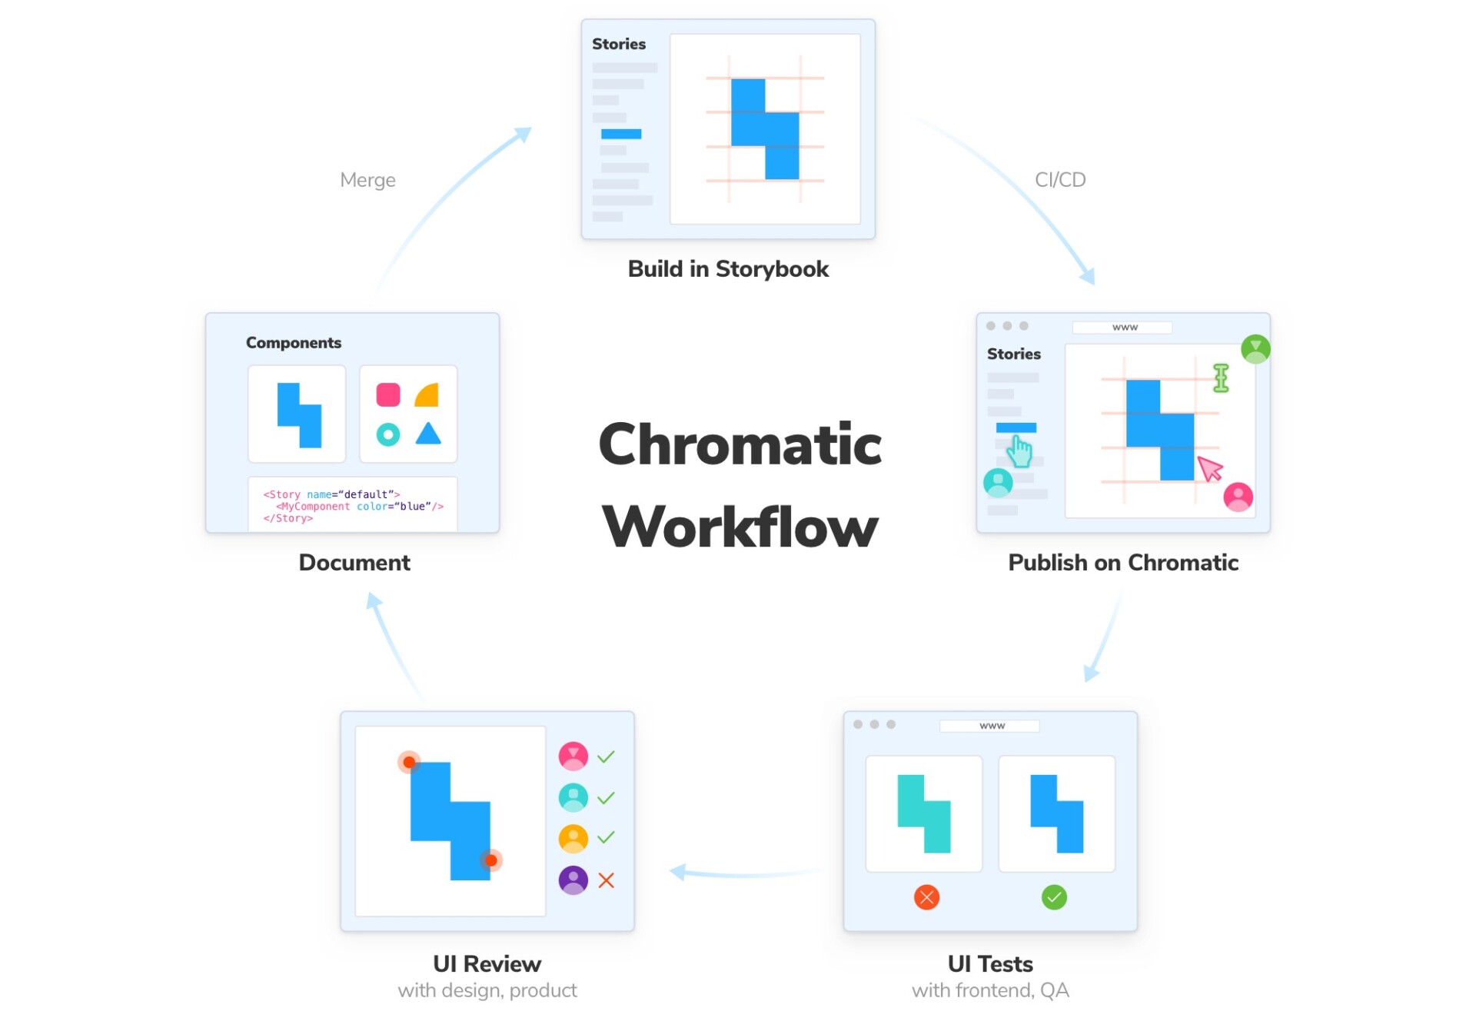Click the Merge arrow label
pos(367,180)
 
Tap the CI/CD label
pos(1060,180)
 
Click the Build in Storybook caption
pos(728,269)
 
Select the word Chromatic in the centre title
pos(740,444)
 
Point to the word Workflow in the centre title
pos(740,527)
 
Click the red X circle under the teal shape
pos(926,897)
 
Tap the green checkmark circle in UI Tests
pos(1054,897)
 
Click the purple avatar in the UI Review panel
pos(573,880)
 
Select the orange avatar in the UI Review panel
pos(573,838)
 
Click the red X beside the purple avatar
pos(607,880)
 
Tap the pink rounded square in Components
pos(388,395)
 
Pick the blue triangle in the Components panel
pos(428,434)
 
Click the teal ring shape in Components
pos(388,435)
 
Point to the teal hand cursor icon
pos(1019,451)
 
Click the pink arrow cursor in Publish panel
pos(1210,468)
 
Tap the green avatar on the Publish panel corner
pos(1255,349)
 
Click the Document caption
pos(354,563)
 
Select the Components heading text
pos(294,343)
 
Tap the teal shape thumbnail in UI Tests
pos(924,813)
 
